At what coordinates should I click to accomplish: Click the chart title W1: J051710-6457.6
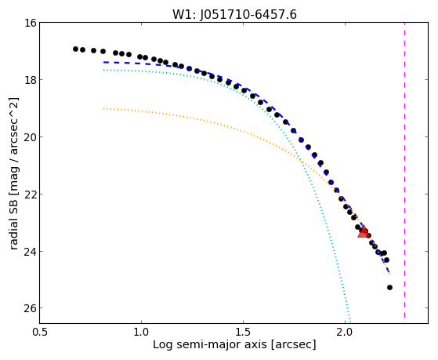[x=234, y=14]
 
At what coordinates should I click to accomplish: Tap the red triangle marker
[x=363, y=232]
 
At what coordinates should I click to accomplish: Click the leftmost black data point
[x=75, y=49]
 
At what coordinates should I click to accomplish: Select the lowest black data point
[x=389, y=287]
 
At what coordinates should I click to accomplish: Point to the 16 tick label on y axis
[x=31, y=23]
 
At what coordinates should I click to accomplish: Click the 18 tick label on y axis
[x=31, y=80]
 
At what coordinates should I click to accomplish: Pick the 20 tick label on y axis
[x=31, y=136]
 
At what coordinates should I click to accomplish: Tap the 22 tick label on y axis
[x=31, y=194]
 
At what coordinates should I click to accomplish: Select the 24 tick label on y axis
[x=31, y=251]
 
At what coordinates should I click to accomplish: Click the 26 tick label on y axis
[x=31, y=308]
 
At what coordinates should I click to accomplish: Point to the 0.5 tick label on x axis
[x=40, y=332]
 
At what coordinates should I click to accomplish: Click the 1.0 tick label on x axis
[x=142, y=332]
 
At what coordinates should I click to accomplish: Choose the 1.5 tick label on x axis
[x=244, y=332]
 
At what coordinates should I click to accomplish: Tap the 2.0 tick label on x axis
[x=346, y=332]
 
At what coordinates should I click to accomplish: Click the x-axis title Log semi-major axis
[x=210, y=344]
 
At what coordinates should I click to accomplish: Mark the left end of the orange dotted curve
[x=103, y=108]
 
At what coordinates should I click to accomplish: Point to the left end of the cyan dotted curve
[x=103, y=71]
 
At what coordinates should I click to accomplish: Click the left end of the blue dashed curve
[x=103, y=62]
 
